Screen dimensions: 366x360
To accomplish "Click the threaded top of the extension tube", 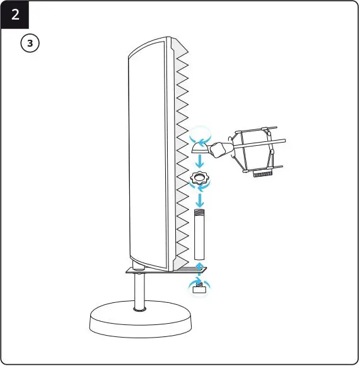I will tap(200, 216).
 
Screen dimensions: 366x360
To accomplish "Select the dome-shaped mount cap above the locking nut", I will tap(200, 147).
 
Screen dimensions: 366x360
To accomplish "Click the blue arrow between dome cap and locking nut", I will tap(200, 162).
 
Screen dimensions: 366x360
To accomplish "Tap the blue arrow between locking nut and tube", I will tap(200, 200).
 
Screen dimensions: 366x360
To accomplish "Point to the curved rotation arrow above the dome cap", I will tap(201, 134).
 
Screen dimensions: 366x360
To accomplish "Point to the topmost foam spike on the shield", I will tap(182, 51).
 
